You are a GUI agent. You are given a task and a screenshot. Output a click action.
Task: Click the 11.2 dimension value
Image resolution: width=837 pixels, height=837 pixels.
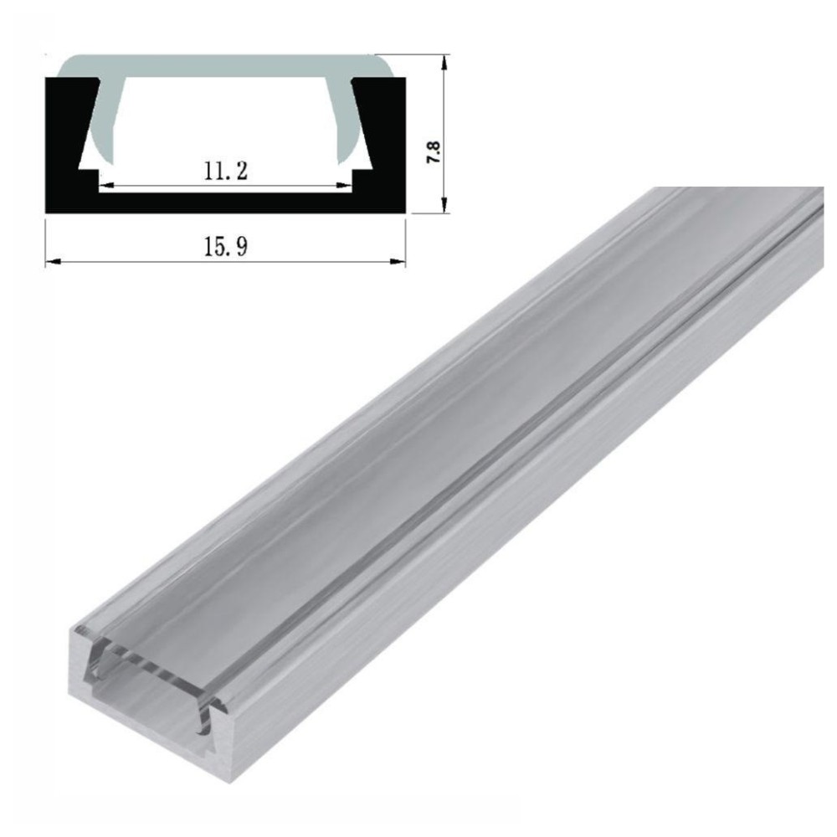coord(224,171)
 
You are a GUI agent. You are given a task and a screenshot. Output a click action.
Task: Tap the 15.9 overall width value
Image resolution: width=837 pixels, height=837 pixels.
coord(224,248)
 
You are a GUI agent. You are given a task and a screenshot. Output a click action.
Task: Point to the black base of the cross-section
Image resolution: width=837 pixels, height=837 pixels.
coord(224,202)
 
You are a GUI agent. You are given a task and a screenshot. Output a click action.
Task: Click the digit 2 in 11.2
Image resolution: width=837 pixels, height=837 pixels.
coord(240,171)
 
